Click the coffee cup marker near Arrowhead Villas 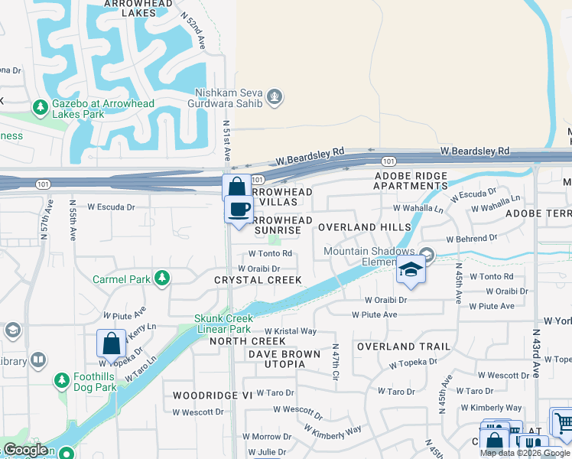(x=238, y=209)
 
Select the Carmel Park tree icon (x=161, y=278)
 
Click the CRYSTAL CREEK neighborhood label (x=258, y=281)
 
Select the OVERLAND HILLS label (x=359, y=227)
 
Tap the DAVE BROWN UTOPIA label (x=276, y=359)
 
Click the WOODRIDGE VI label (x=212, y=396)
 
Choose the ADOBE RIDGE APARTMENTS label (x=410, y=181)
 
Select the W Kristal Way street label (x=290, y=331)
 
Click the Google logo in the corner (x=25, y=450)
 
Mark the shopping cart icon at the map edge (x=562, y=421)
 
